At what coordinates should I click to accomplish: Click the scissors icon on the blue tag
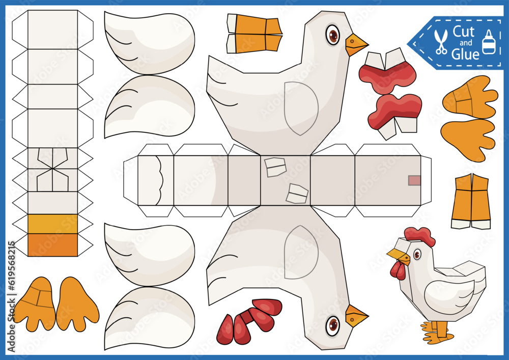point(441,42)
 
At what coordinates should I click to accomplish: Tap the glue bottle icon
point(489,42)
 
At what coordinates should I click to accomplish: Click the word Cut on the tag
point(464,32)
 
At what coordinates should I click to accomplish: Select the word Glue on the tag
point(465,53)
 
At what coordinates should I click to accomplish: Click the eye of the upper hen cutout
point(333,35)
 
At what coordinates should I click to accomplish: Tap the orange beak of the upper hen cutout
point(355,45)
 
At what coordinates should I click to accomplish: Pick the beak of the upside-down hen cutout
point(355,316)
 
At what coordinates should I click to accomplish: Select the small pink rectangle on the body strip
point(414,180)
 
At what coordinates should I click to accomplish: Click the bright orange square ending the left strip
point(52,245)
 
